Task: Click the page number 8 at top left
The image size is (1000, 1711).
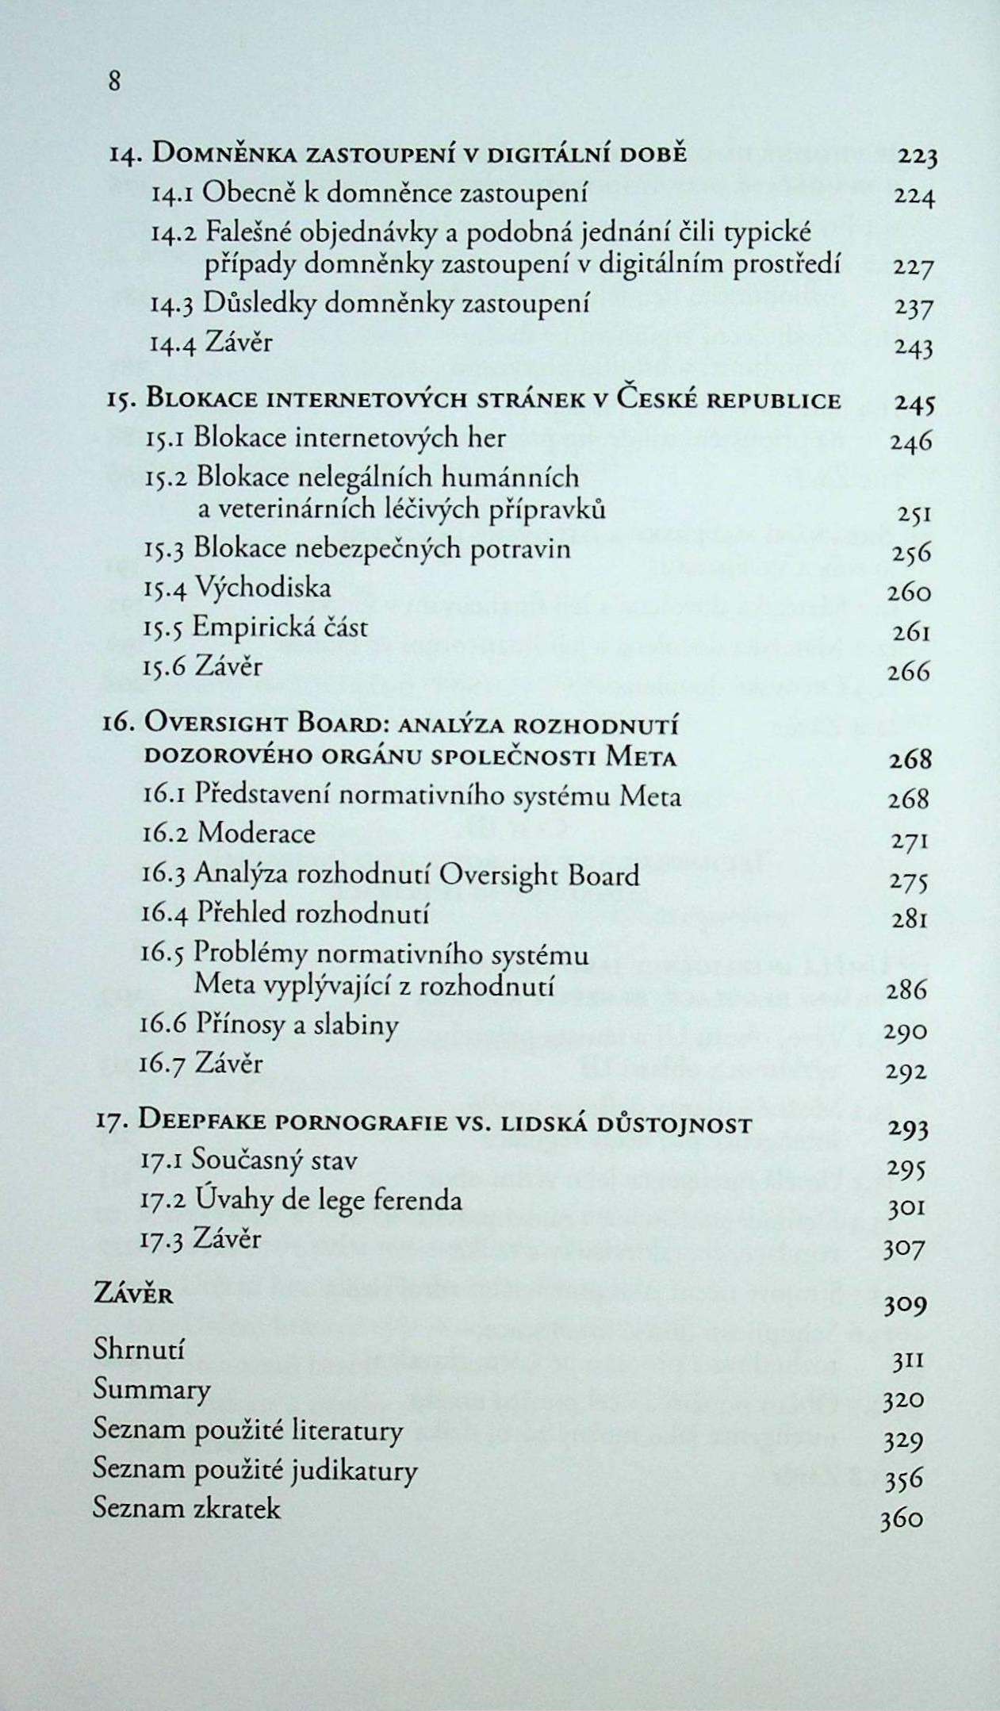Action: click(x=115, y=81)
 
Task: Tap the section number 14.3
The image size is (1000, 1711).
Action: click(x=172, y=305)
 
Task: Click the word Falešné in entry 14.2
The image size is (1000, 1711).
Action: click(x=251, y=232)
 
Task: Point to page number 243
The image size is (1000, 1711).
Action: click(x=914, y=347)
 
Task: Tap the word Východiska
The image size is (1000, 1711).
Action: click(x=262, y=588)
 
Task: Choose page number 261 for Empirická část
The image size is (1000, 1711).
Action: click(x=910, y=633)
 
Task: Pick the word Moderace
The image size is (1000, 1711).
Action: click(x=255, y=833)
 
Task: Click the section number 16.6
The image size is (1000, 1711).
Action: click(x=163, y=1025)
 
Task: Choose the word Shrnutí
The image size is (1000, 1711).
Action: click(x=139, y=1348)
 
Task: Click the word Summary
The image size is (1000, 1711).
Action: click(x=151, y=1389)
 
